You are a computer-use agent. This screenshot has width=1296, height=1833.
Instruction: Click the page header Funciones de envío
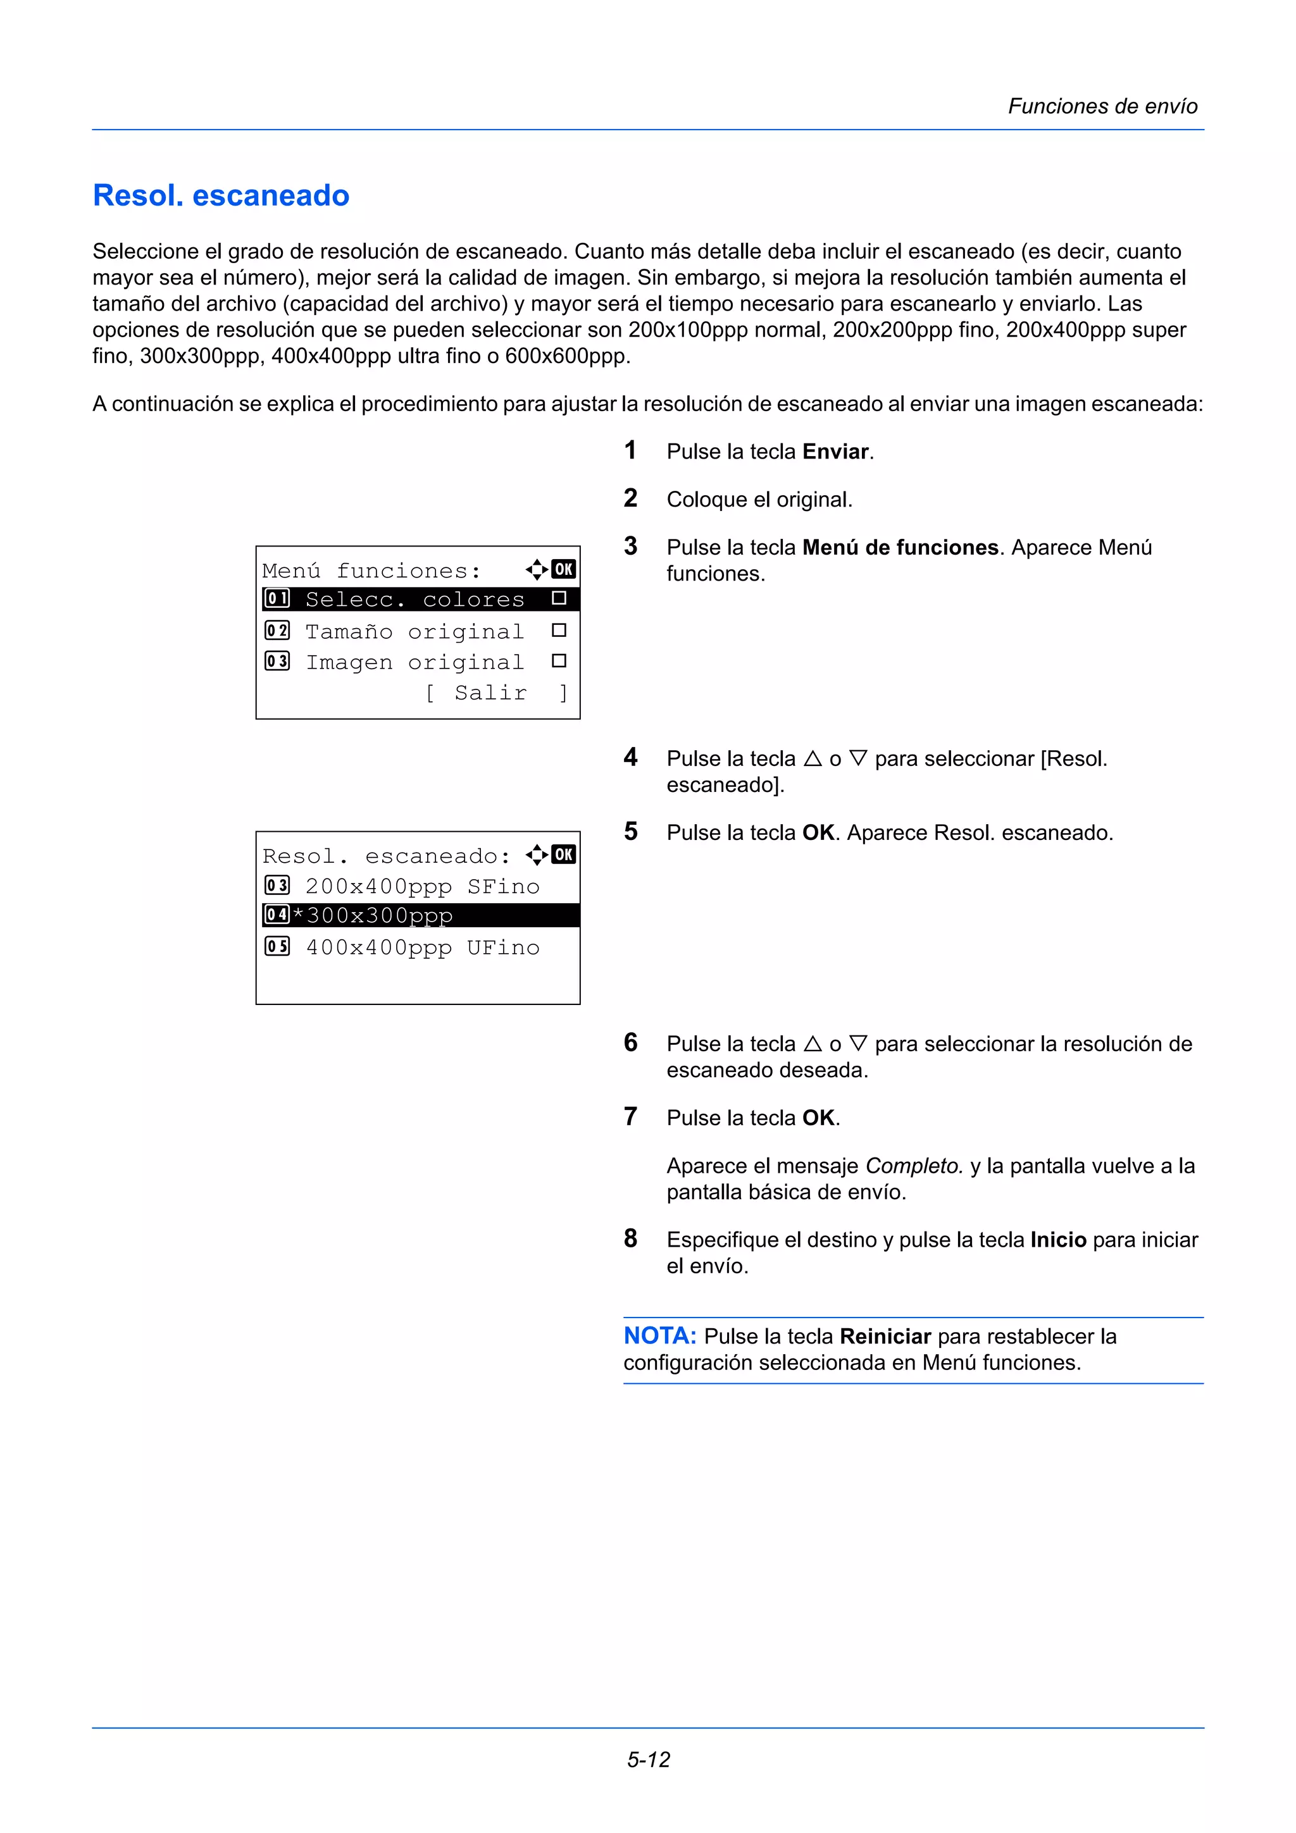(x=1102, y=106)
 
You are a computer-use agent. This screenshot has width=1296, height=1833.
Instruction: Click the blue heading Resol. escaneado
(x=221, y=195)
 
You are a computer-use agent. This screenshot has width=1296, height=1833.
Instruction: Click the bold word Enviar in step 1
(x=835, y=452)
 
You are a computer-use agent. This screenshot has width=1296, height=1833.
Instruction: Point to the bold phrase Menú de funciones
(x=900, y=548)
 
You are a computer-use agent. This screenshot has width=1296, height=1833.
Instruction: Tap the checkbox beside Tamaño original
(x=559, y=631)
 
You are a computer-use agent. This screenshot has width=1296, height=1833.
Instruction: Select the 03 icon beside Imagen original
(x=277, y=662)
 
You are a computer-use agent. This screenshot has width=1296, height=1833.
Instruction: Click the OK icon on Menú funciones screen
(x=564, y=569)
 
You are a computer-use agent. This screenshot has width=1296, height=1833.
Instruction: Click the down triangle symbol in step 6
(x=859, y=1044)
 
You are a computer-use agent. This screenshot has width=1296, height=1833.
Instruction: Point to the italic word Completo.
(x=914, y=1166)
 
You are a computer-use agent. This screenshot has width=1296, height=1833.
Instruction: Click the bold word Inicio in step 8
(x=1058, y=1240)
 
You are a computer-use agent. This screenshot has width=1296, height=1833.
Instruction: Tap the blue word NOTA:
(x=659, y=1336)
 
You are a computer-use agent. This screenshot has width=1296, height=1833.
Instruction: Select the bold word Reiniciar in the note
(x=885, y=1336)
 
